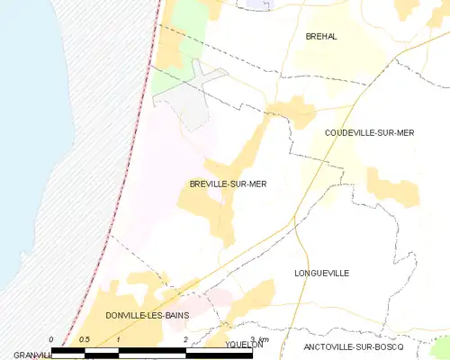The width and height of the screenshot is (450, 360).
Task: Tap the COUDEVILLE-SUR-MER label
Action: click(x=369, y=132)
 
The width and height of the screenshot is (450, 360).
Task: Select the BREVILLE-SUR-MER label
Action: click(x=228, y=184)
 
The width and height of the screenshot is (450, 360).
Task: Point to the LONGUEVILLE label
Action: click(x=321, y=272)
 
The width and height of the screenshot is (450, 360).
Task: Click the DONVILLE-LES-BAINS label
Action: click(x=146, y=316)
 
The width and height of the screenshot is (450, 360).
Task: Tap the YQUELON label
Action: click(x=244, y=344)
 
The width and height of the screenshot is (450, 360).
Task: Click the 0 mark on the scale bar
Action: click(x=52, y=339)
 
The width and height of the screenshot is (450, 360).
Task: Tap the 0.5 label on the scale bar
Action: click(x=85, y=339)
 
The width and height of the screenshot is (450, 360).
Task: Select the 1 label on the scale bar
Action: click(x=119, y=339)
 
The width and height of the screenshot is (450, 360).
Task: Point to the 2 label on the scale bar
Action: click(x=185, y=339)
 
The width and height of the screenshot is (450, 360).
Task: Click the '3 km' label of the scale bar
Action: click(x=259, y=337)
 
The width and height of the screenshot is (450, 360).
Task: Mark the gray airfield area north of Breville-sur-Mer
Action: click(x=196, y=103)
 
